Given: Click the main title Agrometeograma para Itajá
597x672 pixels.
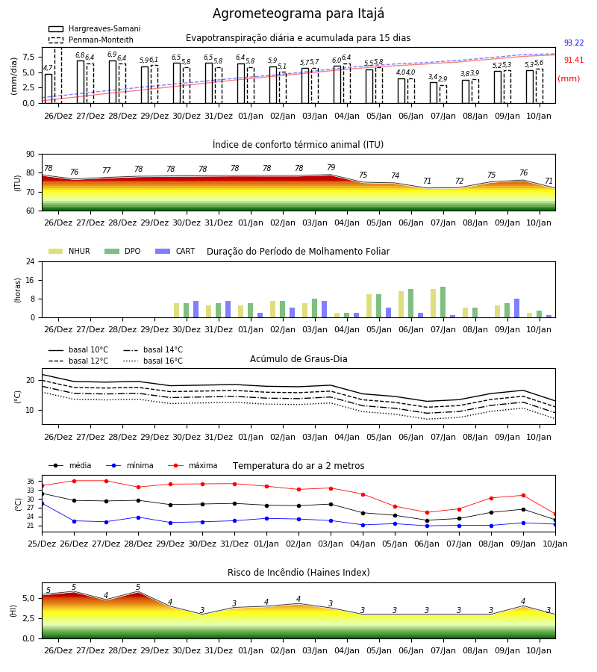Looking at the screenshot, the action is click(298, 13).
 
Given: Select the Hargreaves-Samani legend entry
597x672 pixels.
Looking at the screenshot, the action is click(95, 28).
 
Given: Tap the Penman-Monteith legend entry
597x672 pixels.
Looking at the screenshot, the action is click(91, 40).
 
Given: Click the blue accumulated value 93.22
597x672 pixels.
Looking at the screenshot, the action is click(574, 43).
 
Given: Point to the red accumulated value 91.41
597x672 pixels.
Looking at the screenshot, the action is click(574, 60).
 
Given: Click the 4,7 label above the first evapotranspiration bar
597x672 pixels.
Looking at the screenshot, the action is click(48, 68).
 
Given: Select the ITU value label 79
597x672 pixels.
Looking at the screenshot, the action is click(331, 167).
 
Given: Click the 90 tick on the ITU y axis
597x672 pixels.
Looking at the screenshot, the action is click(31, 155).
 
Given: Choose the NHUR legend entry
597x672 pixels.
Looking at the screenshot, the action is click(69, 251).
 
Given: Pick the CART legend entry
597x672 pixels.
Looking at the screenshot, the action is click(175, 251).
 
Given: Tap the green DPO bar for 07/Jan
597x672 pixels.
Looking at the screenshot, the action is click(443, 302).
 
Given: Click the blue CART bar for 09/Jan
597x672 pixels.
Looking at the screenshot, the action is click(517, 308).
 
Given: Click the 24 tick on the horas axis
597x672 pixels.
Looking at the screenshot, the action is click(31, 261).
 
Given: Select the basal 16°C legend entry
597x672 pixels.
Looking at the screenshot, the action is click(153, 361).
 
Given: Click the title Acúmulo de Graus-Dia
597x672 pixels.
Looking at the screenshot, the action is click(298, 359).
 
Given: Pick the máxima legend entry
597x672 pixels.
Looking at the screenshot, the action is click(193, 465).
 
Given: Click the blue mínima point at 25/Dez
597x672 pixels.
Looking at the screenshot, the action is click(42, 503).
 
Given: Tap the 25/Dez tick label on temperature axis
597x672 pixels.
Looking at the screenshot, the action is click(42, 544).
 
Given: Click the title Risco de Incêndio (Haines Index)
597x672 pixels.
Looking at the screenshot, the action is click(298, 573).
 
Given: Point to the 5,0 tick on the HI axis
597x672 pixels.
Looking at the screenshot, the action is click(28, 598).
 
